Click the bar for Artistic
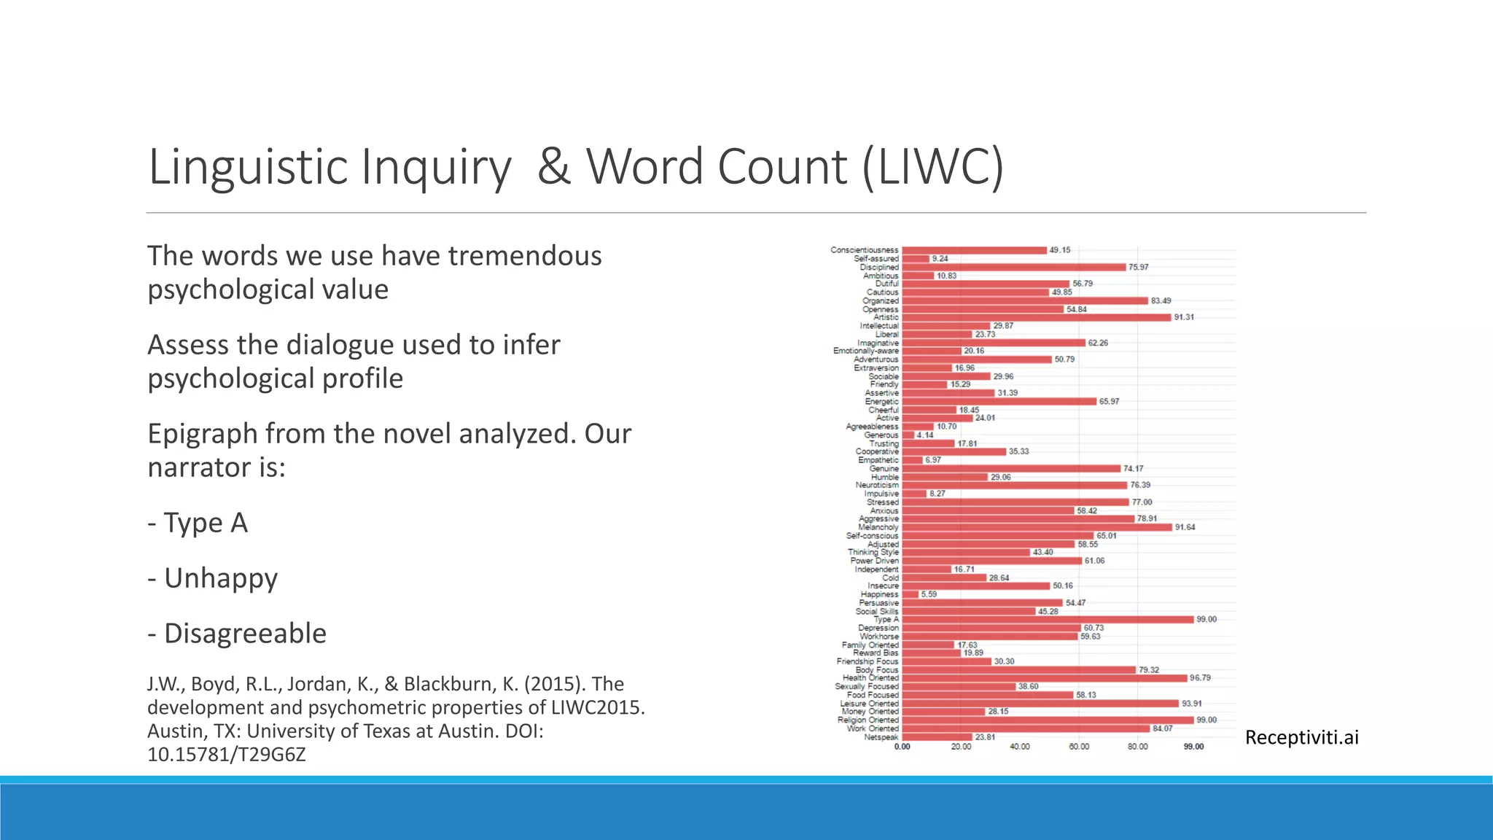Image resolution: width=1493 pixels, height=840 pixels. point(1035,317)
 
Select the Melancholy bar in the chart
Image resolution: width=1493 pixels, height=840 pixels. point(1035,527)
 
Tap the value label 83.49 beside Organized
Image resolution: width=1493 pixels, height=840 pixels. point(1161,300)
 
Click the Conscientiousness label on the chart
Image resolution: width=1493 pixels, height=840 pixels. point(864,250)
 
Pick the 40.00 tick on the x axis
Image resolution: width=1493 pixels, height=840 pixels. point(1020,747)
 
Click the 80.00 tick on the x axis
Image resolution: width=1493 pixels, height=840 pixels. point(1137,747)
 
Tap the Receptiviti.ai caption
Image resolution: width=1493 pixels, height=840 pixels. point(1301,737)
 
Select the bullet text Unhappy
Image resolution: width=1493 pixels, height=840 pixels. point(221,577)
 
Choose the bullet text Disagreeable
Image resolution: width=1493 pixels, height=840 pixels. point(245,633)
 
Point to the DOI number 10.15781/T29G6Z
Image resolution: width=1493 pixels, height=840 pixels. point(226,754)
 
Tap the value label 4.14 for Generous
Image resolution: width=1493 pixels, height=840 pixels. point(924,435)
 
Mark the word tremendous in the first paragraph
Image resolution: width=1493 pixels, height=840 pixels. point(524,256)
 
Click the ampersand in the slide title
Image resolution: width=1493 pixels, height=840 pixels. point(553,166)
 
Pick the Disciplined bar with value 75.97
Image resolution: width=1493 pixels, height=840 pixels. point(1013,267)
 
